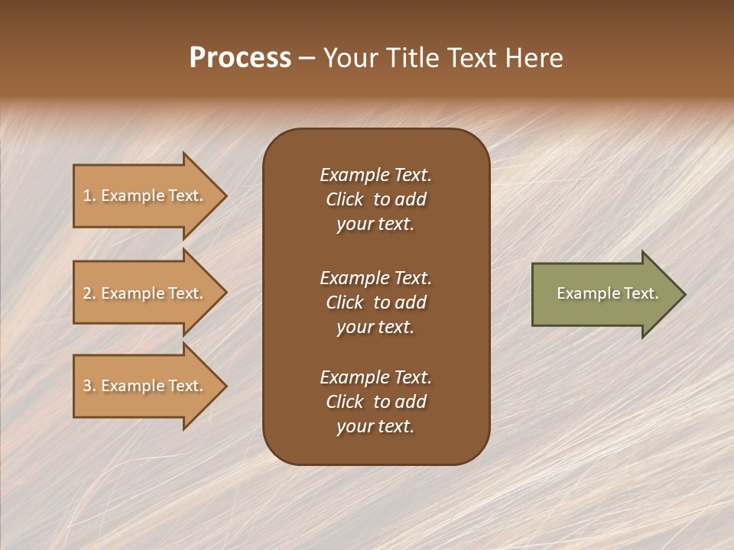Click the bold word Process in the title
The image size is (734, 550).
tap(240, 58)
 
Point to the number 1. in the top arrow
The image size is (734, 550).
tap(89, 196)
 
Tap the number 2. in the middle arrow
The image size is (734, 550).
tap(89, 294)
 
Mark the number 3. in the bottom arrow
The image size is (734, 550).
tap(89, 387)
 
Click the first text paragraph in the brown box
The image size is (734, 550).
tap(375, 199)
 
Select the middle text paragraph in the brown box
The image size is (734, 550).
tap(375, 302)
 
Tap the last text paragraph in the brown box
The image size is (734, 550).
tap(375, 402)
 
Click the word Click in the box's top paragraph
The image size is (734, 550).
tap(344, 200)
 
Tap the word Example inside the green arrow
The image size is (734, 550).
tap(583, 293)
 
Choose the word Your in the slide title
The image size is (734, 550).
tap(349, 58)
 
